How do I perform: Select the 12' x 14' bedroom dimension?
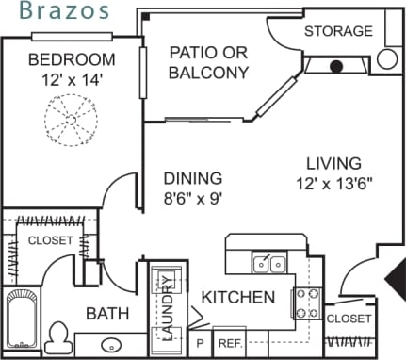point(65,81)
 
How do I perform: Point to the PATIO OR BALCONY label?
point(208,62)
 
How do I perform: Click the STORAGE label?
point(338,31)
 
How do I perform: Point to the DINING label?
point(192,178)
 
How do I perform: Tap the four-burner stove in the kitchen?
point(307,303)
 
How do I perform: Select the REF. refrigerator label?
point(229,342)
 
